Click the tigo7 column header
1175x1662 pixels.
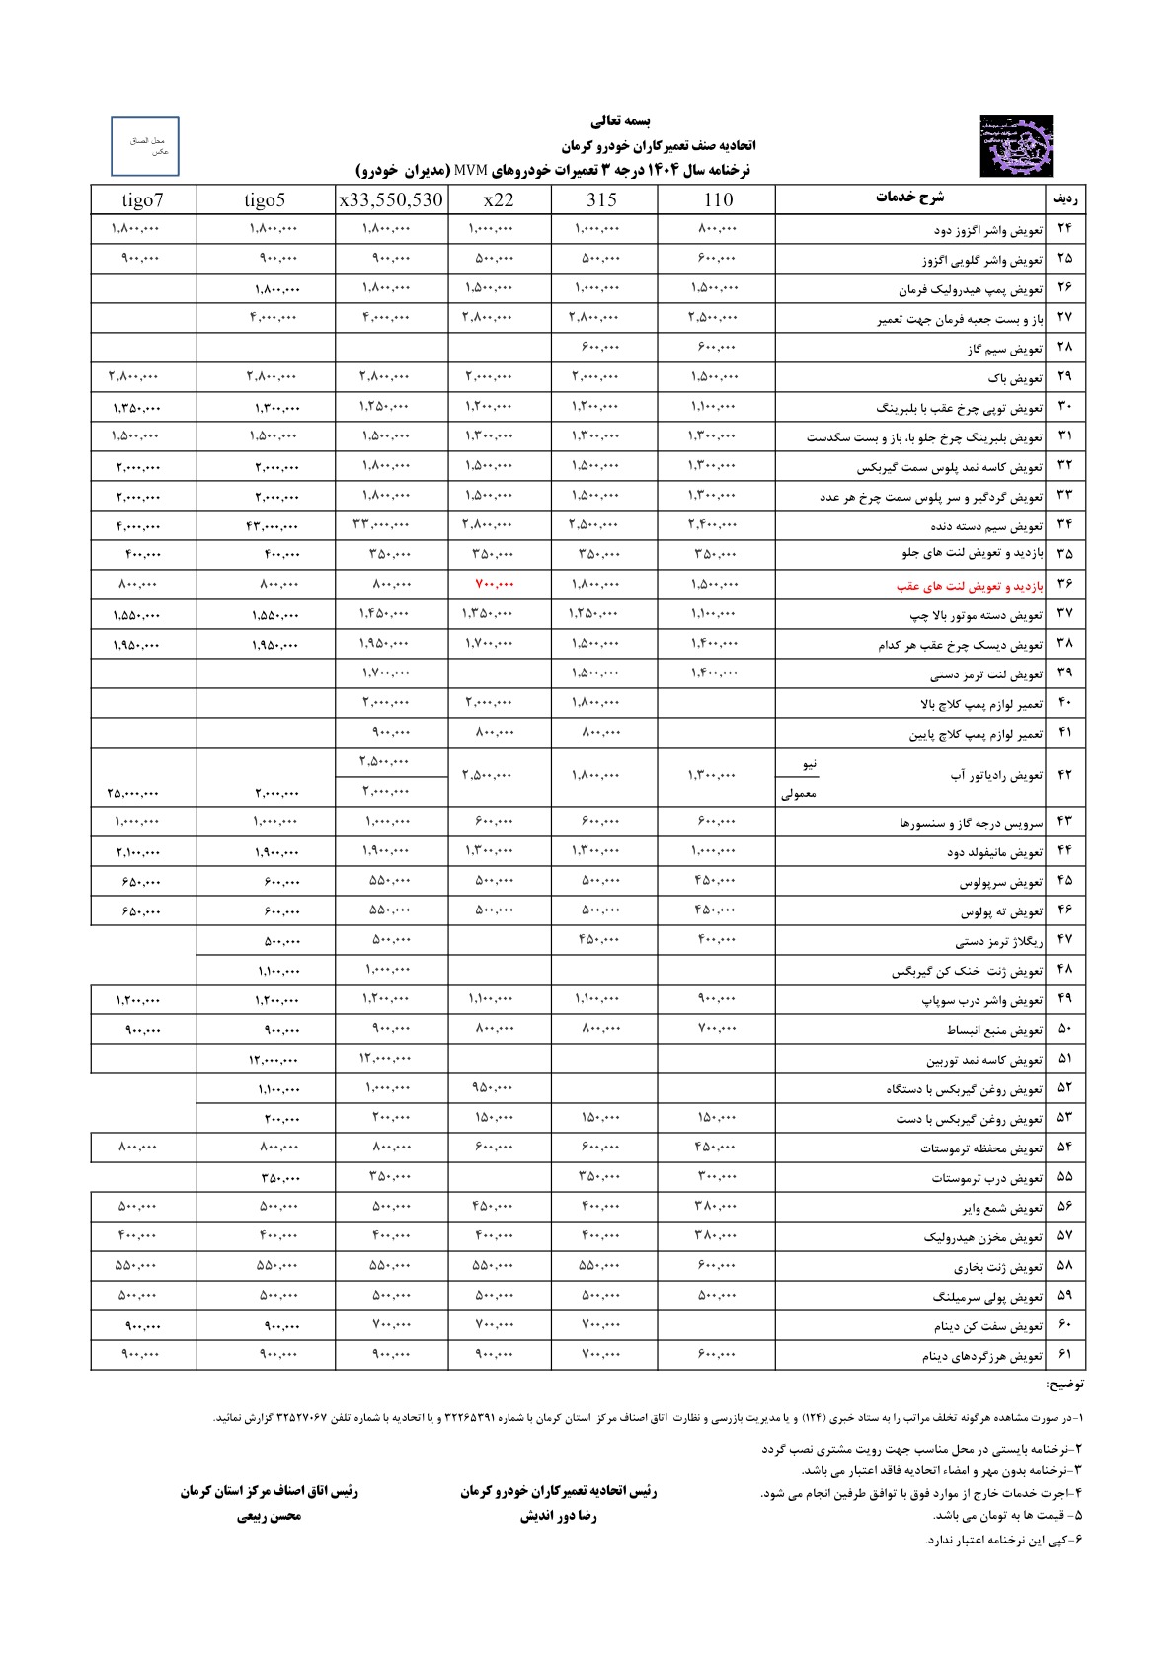(x=143, y=200)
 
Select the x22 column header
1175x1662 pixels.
(x=499, y=200)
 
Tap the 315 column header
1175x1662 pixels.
(x=601, y=200)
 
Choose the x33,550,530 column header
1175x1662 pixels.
(x=391, y=200)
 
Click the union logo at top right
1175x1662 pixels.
(x=1016, y=146)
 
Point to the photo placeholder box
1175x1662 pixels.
(x=145, y=146)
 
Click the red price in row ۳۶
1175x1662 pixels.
(x=495, y=585)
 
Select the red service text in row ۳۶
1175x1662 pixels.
(x=969, y=586)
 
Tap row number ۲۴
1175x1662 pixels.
(x=1064, y=229)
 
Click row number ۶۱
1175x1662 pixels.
(x=1064, y=1355)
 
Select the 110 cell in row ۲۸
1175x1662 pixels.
(x=715, y=347)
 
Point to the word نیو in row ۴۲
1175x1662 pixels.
(x=810, y=764)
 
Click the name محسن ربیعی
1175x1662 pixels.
(x=269, y=1516)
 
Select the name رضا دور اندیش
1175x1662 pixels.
(x=559, y=1516)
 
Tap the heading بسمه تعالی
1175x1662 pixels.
(x=621, y=122)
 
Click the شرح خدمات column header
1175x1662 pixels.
(x=909, y=198)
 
